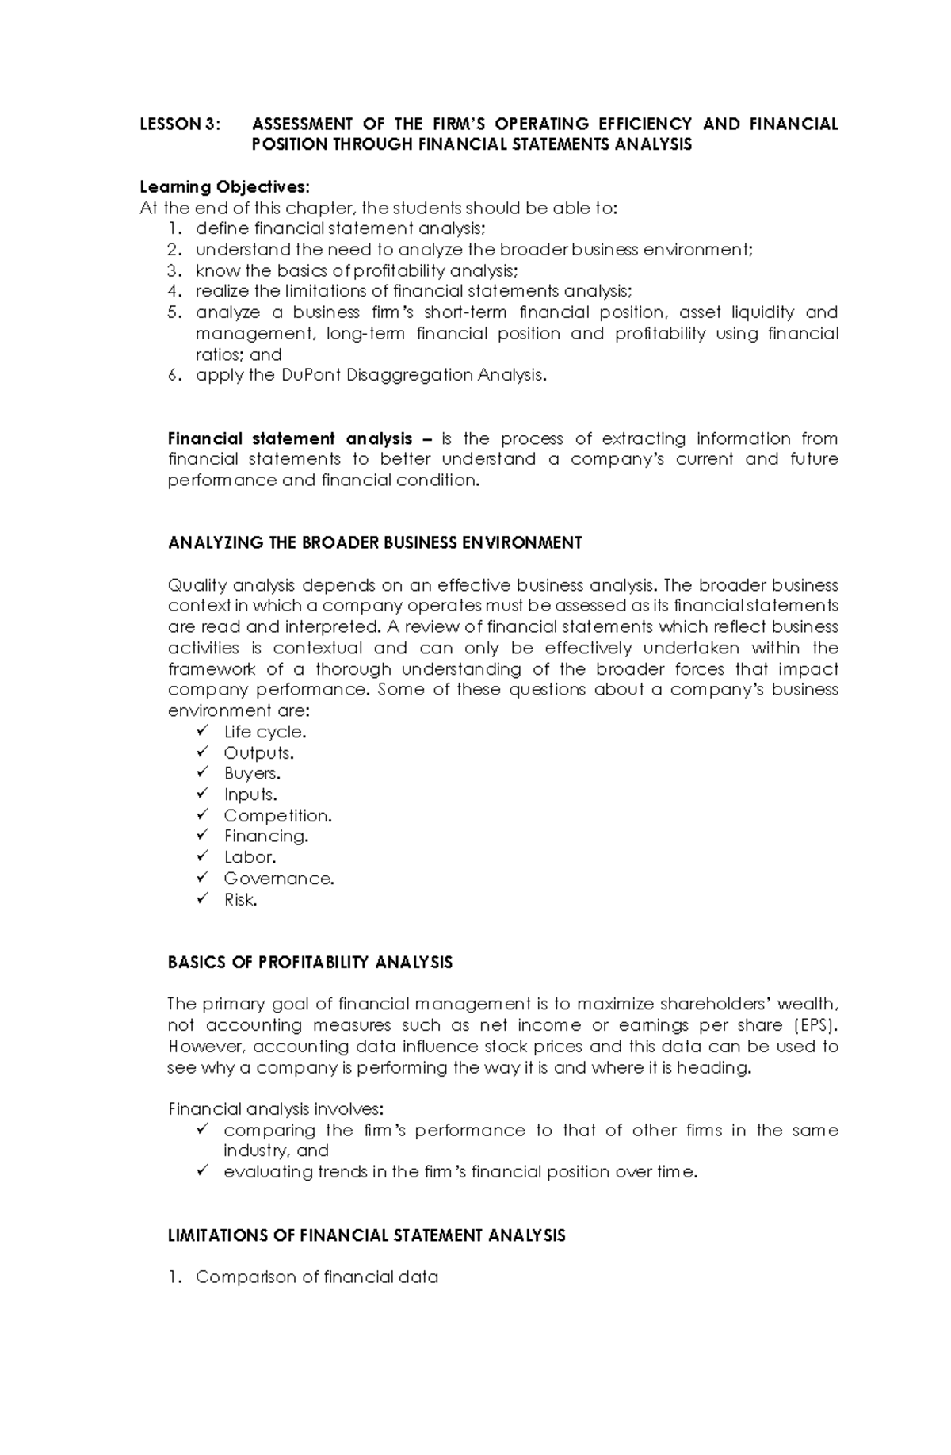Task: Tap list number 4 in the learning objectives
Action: click(x=174, y=291)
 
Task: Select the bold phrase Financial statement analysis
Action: click(x=290, y=438)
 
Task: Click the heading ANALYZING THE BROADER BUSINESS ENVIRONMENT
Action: click(x=375, y=543)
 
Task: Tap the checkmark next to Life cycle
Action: click(x=203, y=730)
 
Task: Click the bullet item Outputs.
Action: click(x=258, y=752)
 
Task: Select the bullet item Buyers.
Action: click(x=252, y=773)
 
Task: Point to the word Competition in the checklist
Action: click(x=277, y=815)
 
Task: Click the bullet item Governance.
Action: click(x=278, y=879)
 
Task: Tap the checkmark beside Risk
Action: click(x=203, y=898)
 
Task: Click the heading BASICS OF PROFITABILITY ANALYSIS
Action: click(x=310, y=963)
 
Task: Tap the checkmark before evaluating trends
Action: click(x=203, y=1170)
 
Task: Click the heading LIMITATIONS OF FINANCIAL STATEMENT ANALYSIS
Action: click(x=366, y=1235)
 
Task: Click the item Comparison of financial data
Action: click(x=316, y=1277)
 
